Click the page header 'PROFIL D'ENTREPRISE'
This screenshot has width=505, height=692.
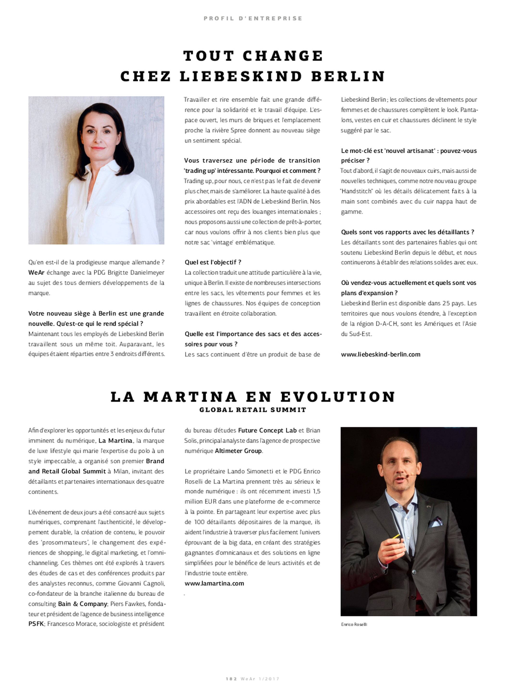click(253, 18)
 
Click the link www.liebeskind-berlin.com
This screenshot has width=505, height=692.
click(380, 354)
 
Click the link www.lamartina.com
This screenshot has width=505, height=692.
click(214, 583)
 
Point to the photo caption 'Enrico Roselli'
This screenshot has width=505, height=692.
click(354, 624)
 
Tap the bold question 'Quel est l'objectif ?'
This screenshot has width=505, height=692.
click(213, 262)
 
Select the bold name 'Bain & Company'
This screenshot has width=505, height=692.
click(82, 604)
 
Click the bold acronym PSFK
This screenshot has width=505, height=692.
click(36, 624)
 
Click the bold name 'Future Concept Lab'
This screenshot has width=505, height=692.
click(267, 430)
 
